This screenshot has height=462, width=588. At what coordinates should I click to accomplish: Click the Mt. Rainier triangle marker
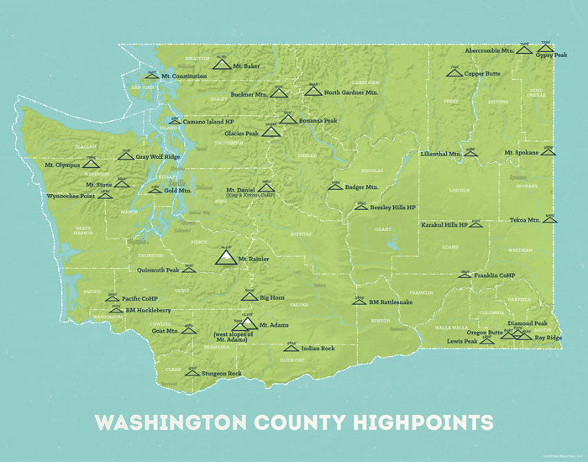pos(225,257)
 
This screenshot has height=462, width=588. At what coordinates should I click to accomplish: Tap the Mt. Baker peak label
pos(246,65)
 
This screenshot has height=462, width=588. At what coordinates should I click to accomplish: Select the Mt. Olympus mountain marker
pos(92,164)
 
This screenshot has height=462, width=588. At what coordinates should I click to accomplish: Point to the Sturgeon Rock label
pos(222,373)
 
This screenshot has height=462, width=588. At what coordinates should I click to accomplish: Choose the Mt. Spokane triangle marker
pos(549,152)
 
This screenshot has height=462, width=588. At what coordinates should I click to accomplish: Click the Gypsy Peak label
pos(552,55)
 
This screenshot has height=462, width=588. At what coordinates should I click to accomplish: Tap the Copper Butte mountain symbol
pos(454,73)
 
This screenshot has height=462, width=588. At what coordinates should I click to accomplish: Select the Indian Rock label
pos(318,348)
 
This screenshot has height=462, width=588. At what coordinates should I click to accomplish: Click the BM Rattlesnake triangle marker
pos(360,301)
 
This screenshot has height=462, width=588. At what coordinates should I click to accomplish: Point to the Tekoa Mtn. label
pos(524,220)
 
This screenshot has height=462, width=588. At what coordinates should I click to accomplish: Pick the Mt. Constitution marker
pos(152,76)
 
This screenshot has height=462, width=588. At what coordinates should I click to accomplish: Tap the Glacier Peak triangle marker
pos(270,131)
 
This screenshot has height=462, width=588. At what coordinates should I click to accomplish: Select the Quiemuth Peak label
pos(158,270)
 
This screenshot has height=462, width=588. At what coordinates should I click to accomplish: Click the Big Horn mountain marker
pos(249,296)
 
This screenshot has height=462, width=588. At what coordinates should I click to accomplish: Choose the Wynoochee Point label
pos(70,195)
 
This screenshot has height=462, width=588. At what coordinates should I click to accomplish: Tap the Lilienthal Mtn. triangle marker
pos(470,153)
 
